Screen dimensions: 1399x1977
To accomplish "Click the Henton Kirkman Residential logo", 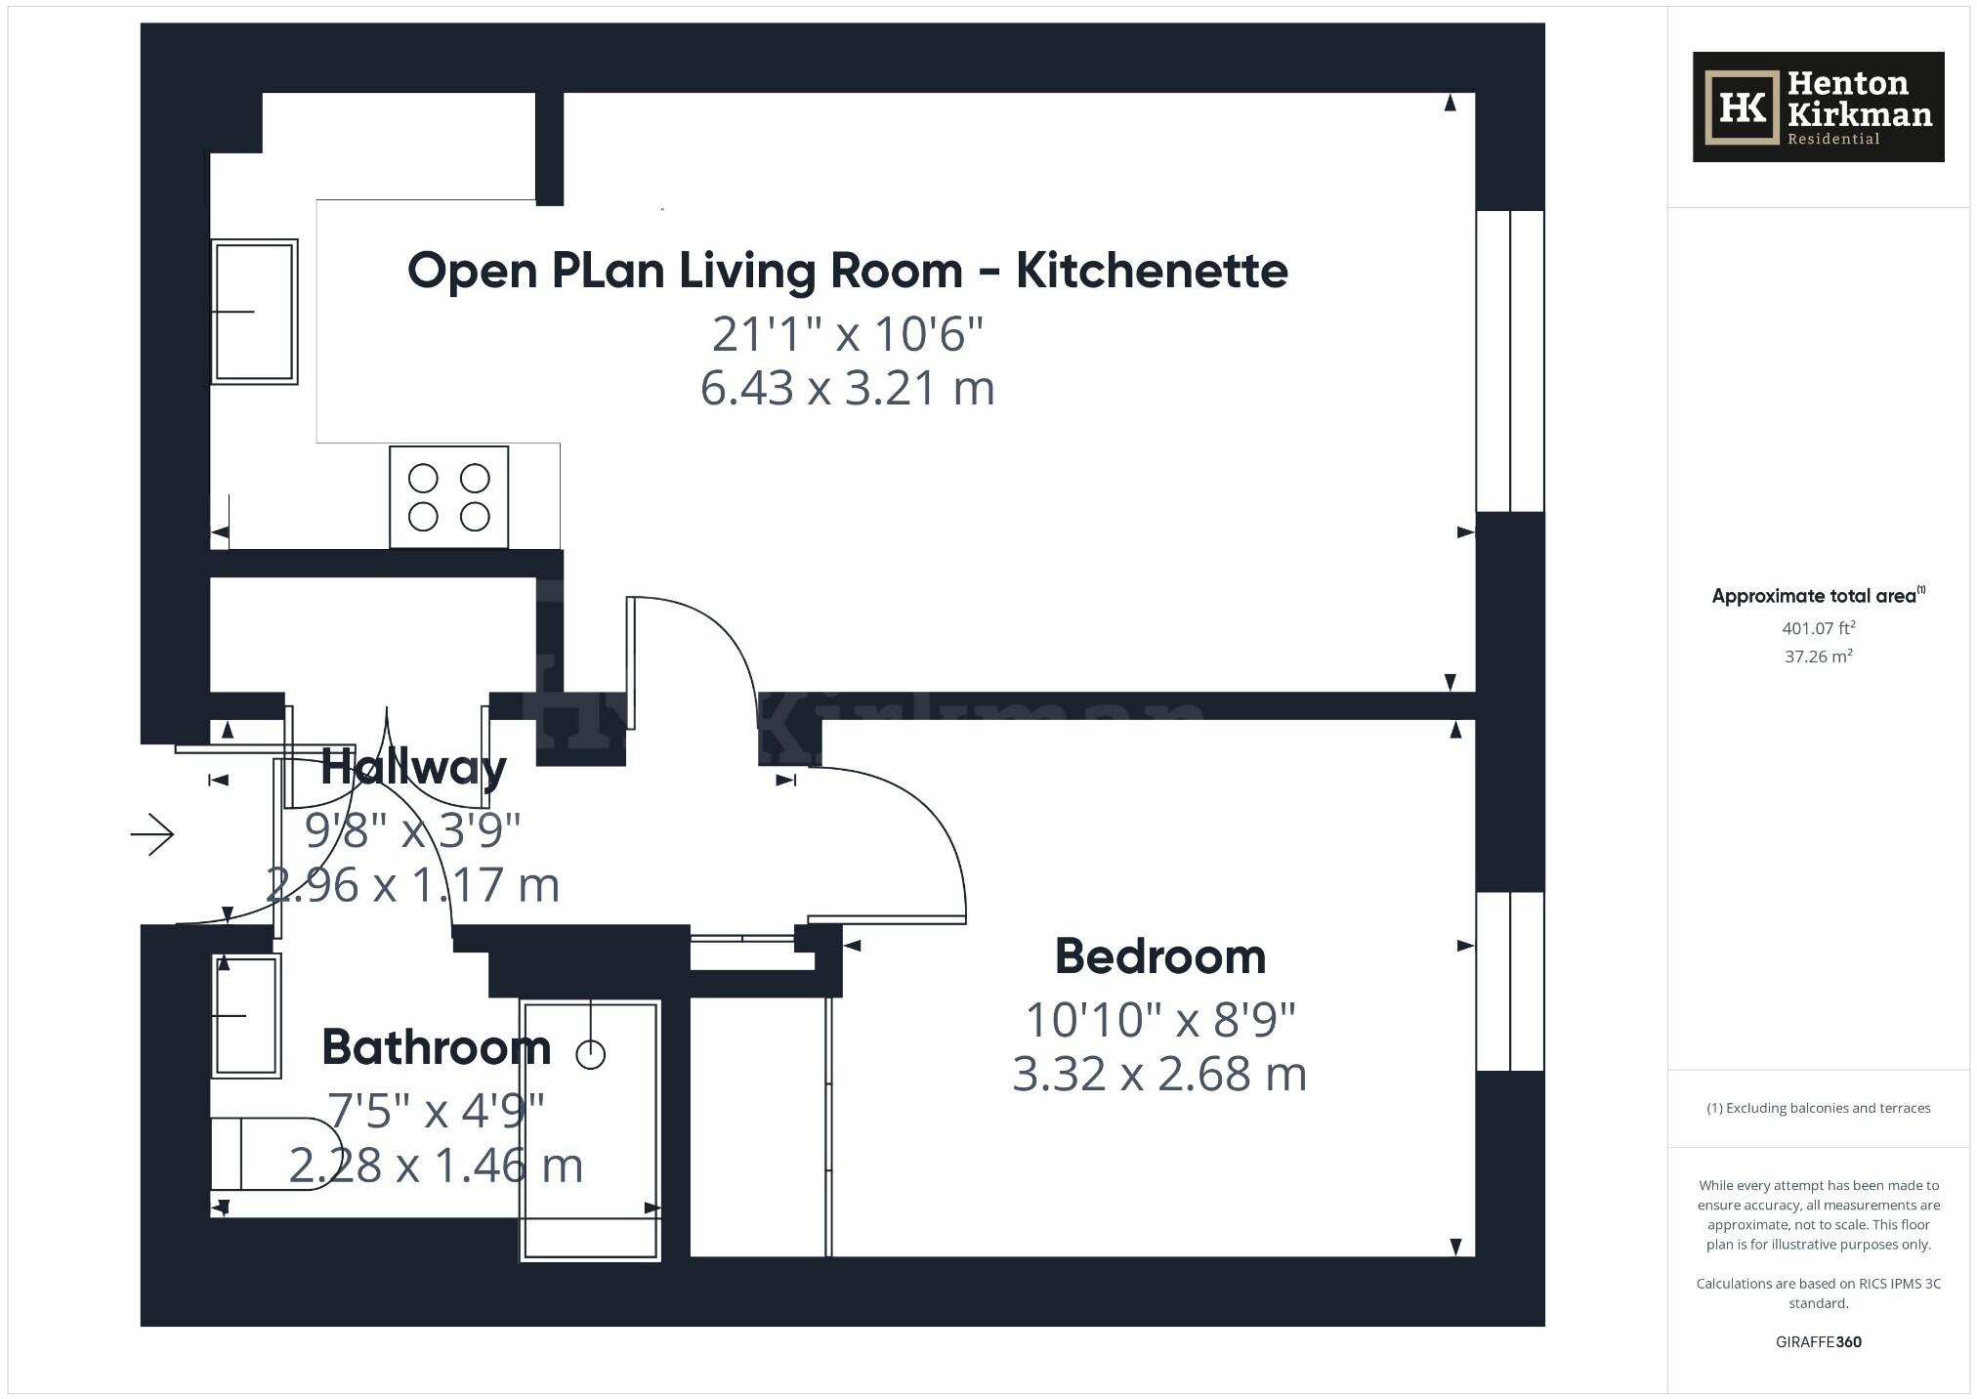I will (1818, 106).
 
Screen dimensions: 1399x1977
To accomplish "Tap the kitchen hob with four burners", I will (448, 496).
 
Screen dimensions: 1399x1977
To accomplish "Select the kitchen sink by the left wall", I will (254, 311).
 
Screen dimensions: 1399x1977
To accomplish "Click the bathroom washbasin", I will (246, 1015).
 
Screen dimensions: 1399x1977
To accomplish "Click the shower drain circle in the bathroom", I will (591, 1054).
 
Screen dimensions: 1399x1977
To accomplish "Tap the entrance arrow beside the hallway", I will (152, 834).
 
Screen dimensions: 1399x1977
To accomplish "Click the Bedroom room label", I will (1159, 956).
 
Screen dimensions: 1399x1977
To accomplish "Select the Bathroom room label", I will (436, 1047).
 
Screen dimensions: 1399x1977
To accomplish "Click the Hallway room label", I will (413, 767).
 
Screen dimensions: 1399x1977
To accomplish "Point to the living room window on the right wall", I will (1509, 360).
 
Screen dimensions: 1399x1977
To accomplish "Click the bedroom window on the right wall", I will (1509, 981).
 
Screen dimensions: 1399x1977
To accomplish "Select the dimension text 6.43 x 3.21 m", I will (847, 389).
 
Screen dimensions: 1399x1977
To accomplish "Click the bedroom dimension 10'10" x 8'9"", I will (1159, 1020).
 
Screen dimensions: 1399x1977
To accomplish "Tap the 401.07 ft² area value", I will (1818, 628).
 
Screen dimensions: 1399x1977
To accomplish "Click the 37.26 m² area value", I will (1818, 657).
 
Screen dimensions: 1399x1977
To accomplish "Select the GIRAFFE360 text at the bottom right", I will (1818, 1341).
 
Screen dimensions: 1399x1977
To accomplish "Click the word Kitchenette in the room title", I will (1152, 271).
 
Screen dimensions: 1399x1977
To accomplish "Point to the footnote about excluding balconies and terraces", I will (1818, 1108).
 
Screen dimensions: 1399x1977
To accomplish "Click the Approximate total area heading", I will (1815, 596).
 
